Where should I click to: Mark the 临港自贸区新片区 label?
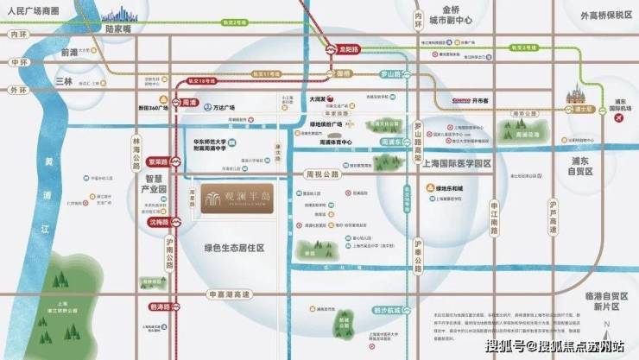pyautogui.click(x=597, y=303)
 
